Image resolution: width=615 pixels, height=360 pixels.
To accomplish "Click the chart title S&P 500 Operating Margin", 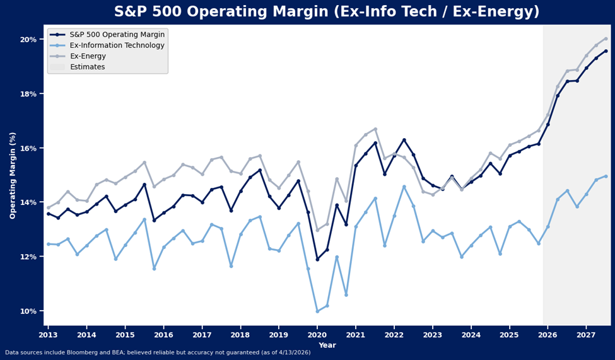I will [x=327, y=12].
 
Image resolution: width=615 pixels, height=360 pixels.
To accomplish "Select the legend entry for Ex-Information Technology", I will [x=117, y=45].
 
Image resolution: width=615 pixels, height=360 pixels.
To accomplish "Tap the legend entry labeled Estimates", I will [x=87, y=67].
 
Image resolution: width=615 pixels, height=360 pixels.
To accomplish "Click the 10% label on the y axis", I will [x=28, y=311].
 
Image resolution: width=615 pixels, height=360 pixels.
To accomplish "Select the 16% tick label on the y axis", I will [x=28, y=148].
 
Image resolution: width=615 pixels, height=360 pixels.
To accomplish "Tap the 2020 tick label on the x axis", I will [x=317, y=335].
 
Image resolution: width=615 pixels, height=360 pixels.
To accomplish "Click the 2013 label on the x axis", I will [x=48, y=335].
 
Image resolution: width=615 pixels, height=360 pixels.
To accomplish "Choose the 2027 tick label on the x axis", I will [x=586, y=335].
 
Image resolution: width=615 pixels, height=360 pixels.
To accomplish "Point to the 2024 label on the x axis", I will [x=471, y=335].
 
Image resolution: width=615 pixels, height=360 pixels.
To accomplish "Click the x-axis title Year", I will [x=327, y=345].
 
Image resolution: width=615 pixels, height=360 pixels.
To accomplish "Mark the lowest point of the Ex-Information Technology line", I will [x=317, y=311].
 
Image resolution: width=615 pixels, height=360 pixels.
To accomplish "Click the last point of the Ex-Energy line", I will [x=606, y=38].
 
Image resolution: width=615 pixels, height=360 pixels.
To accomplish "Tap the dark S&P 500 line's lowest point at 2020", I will [x=317, y=259].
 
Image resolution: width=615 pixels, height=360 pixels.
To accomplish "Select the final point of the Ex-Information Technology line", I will [x=606, y=176].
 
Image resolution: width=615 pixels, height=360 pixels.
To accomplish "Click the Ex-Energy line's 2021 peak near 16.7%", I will [x=375, y=129].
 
